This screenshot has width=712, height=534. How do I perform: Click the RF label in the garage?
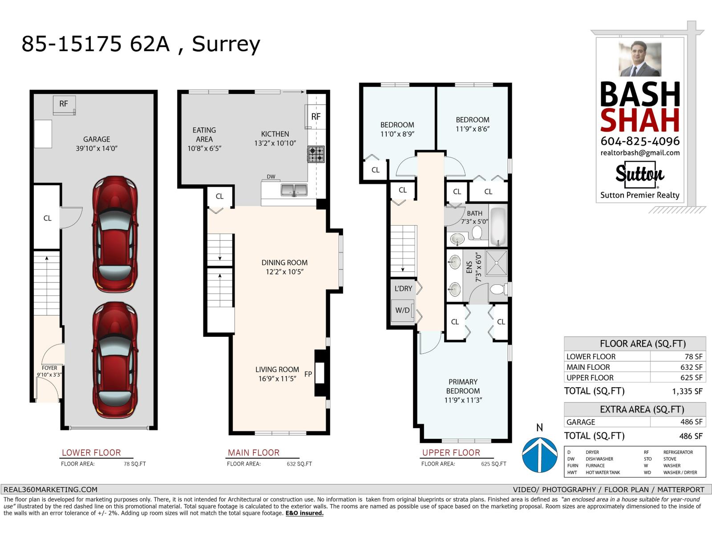[x=64, y=104]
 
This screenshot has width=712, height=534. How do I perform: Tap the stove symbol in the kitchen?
[x=316, y=154]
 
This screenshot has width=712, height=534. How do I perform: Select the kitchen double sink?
[x=294, y=190]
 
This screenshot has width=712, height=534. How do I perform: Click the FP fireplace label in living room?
[x=308, y=374]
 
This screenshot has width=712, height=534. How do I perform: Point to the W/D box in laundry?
[x=403, y=310]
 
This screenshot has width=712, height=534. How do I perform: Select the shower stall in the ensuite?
[x=494, y=263]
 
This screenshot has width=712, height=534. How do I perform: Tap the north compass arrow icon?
[x=539, y=454]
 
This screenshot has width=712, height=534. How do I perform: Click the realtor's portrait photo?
[x=639, y=59]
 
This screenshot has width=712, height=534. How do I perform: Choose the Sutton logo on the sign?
[x=639, y=174]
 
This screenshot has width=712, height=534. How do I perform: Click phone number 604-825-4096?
[x=640, y=141]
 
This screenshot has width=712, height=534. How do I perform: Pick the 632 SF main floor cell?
[x=678, y=367]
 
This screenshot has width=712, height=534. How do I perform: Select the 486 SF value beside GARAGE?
[x=678, y=422]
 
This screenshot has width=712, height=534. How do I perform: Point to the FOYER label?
[x=49, y=368]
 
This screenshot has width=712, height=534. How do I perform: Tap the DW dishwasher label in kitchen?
[x=271, y=177]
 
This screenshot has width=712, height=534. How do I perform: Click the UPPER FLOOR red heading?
[x=451, y=453]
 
